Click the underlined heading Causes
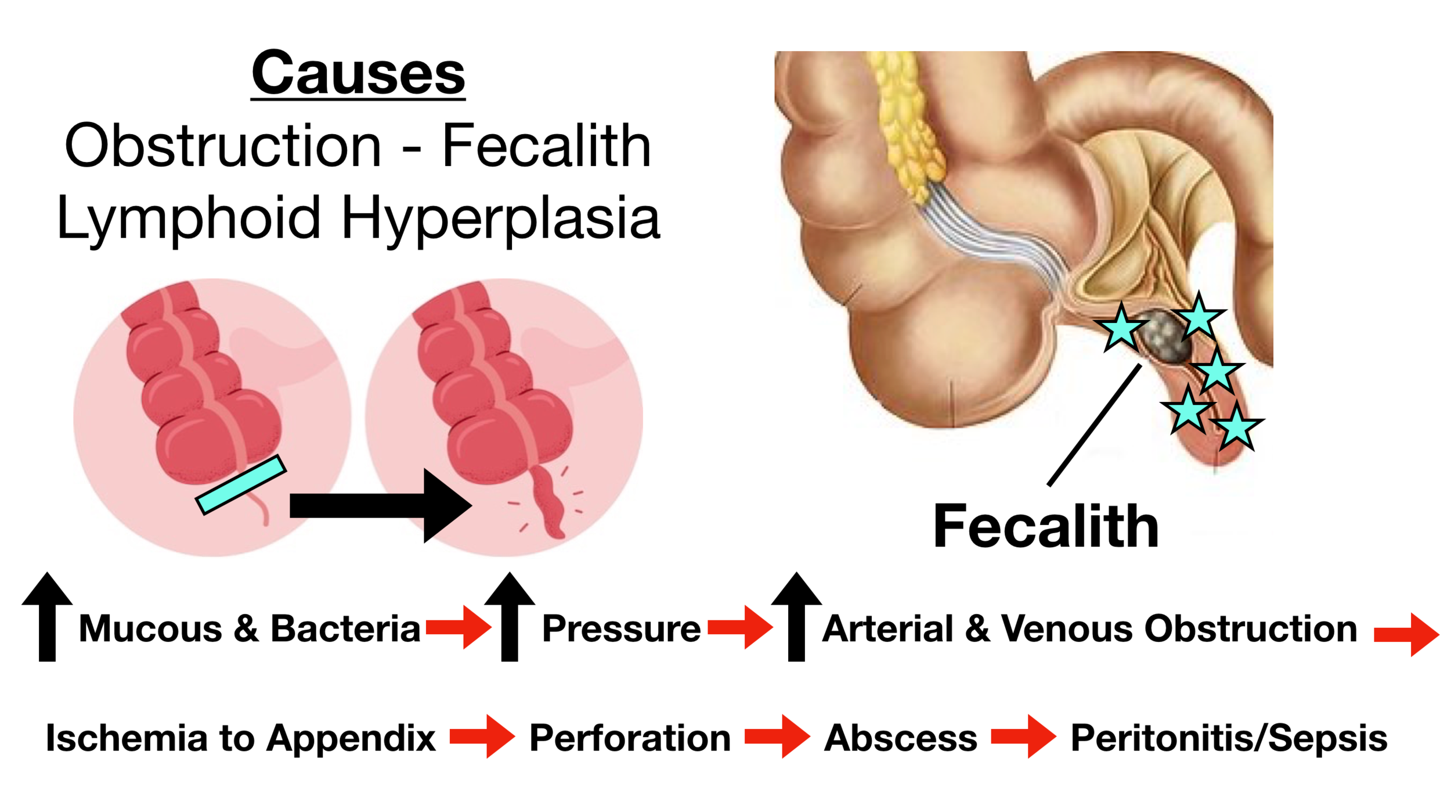coord(358,73)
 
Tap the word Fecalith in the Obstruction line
coord(546,146)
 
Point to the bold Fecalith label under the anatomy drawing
coord(1045,526)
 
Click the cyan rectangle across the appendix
coord(241,484)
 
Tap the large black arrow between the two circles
coord(380,505)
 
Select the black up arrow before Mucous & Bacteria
coord(47,616)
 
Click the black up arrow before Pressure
coord(510,616)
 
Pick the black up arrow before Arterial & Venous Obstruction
coord(796,616)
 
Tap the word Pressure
coord(621,629)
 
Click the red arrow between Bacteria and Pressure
coord(459,627)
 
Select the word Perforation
coord(630,738)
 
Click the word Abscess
coord(901,738)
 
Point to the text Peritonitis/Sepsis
coord(1229,738)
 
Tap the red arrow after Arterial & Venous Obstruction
coord(1406,635)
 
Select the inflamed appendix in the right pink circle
coord(548,501)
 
